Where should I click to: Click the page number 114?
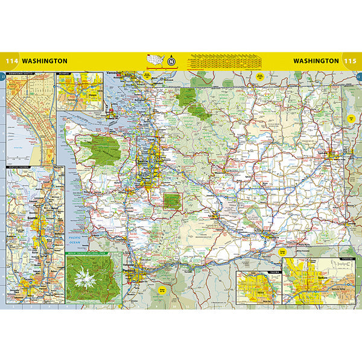click(11, 61)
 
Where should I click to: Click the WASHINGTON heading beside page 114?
click(45, 61)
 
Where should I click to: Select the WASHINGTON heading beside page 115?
click(316, 61)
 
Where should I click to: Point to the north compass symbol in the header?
click(172, 60)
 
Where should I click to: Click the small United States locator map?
click(156, 60)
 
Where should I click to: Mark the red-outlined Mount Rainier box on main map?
click(173, 201)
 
